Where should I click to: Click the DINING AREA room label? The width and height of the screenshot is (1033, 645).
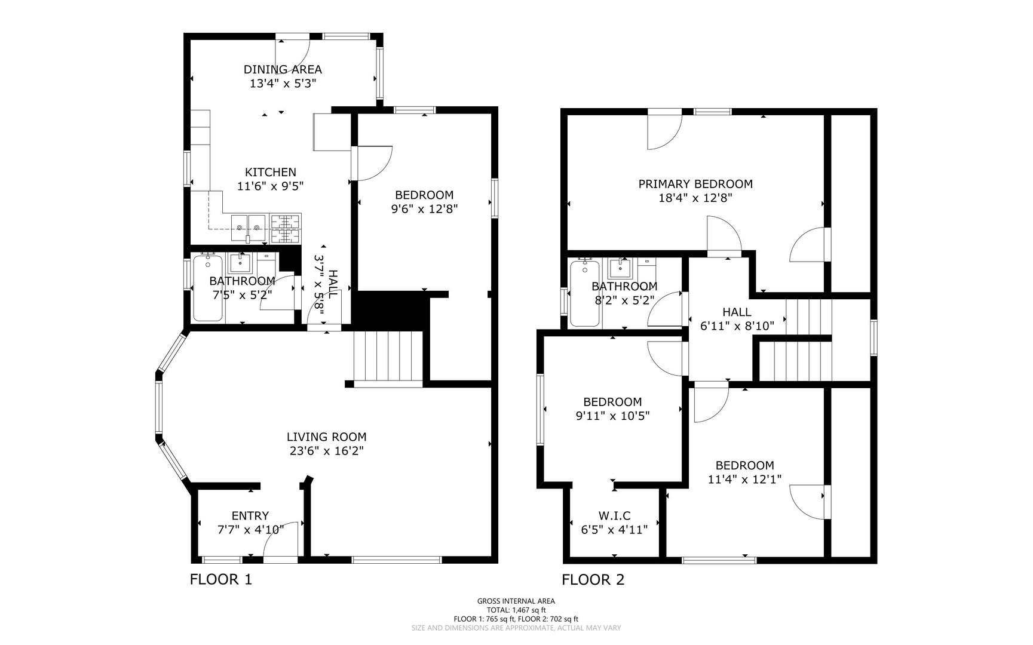(283, 69)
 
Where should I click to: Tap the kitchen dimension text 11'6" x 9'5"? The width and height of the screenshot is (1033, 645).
(271, 186)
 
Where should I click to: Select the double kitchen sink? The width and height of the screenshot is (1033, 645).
(249, 228)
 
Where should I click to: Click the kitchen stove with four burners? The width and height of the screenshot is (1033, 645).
(286, 228)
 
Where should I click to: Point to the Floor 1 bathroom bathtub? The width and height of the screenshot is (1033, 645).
(208, 288)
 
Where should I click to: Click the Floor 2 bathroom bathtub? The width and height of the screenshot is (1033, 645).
(585, 293)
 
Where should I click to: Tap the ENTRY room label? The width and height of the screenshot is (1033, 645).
(250, 515)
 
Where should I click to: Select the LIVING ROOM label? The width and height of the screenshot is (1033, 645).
(326, 437)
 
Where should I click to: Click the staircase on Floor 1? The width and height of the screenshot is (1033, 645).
(388, 359)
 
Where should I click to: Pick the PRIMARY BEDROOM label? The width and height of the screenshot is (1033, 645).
(695, 184)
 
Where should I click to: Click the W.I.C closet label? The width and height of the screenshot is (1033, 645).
(614, 515)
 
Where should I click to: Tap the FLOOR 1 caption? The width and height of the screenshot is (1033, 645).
(221, 579)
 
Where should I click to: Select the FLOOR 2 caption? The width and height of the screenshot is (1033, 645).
(593, 579)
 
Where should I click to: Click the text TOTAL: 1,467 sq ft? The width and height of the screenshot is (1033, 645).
(516, 610)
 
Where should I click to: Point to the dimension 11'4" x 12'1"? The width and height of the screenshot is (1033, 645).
(745, 479)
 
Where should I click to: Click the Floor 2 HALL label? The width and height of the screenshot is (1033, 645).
(737, 312)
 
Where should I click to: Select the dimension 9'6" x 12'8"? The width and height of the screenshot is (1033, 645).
(424, 209)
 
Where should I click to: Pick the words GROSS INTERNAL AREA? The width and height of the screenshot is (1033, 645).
(516, 601)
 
